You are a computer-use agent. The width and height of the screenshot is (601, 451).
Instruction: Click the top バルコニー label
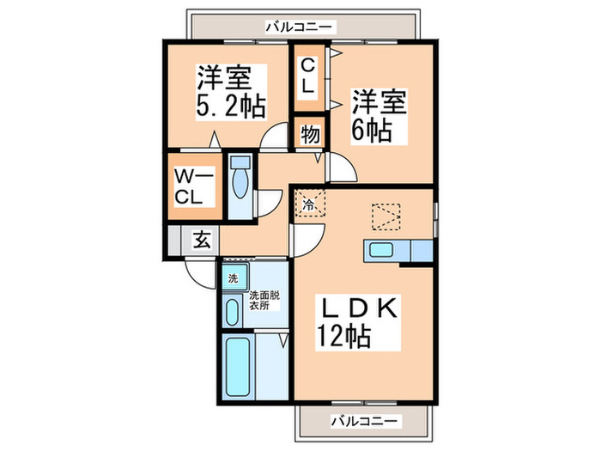pos(299,27)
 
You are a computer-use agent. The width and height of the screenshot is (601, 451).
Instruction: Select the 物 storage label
pos(309,135)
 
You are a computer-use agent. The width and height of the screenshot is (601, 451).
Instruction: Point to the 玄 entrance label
pos(201,241)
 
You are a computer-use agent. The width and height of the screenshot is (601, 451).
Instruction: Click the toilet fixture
pos(240,181)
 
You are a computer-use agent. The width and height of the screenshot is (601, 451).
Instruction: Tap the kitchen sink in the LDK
pos(380,251)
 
